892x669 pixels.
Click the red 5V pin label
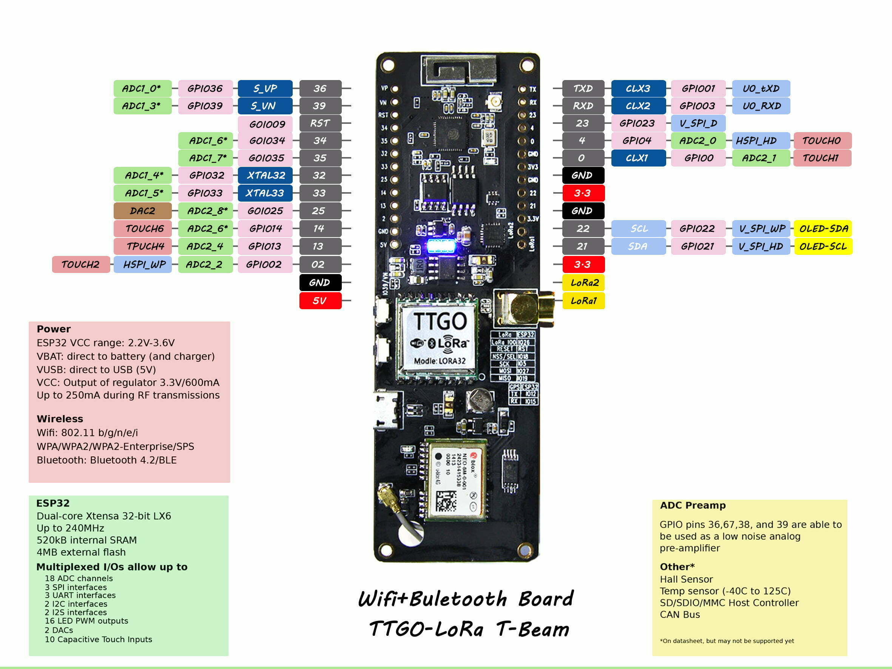[x=320, y=301]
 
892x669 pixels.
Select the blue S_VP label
[x=265, y=88]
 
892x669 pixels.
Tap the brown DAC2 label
[x=142, y=211]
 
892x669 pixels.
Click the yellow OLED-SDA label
[x=823, y=229]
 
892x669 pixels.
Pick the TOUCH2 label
[x=81, y=265]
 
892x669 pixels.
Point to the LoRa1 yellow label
[x=583, y=301]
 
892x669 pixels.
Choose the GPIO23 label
[x=637, y=123]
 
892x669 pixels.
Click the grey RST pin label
[x=320, y=123]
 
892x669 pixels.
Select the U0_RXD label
[x=761, y=106]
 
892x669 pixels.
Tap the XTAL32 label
[x=265, y=176]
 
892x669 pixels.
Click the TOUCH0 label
[x=822, y=141]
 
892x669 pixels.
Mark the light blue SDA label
[x=638, y=247]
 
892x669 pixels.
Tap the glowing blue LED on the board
[x=441, y=246]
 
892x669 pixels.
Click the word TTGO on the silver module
[x=440, y=321]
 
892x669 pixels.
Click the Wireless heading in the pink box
[x=60, y=419]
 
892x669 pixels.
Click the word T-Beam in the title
[x=533, y=629]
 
